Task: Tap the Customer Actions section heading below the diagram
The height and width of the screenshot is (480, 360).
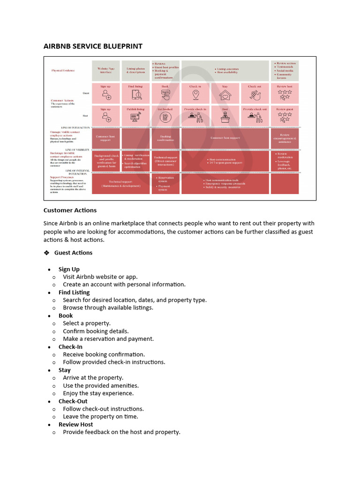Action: tap(70, 210)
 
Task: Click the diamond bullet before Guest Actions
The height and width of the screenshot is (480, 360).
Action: tap(46, 253)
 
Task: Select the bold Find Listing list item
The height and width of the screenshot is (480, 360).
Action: tap(74, 292)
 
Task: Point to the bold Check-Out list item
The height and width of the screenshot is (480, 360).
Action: tap(73, 401)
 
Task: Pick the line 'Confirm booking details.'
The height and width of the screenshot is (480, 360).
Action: tap(96, 331)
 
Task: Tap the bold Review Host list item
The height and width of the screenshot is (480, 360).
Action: tap(75, 424)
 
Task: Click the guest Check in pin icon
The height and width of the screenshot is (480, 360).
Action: tap(195, 95)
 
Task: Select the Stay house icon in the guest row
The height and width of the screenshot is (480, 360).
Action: tap(225, 95)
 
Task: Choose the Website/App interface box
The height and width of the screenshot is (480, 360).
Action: tap(106, 70)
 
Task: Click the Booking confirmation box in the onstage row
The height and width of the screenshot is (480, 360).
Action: tap(165, 138)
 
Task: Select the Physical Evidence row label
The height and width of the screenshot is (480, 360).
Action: tap(63, 71)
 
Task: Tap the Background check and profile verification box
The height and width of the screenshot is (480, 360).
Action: tap(106, 160)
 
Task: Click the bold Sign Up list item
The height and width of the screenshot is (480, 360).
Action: tap(69, 269)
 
